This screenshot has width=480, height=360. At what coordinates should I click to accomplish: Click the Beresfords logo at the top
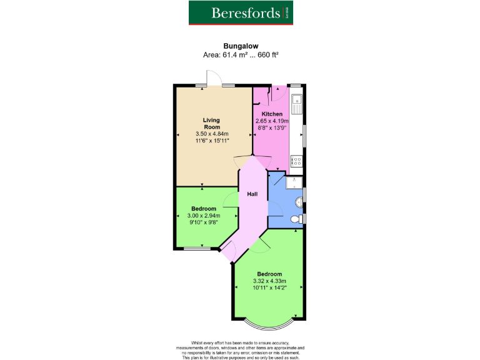pos(241,12)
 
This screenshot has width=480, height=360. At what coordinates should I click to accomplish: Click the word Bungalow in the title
pos(240,45)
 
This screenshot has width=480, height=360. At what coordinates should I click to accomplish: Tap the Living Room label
pos(211,122)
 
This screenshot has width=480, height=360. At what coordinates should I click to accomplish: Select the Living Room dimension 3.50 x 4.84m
pos(212,134)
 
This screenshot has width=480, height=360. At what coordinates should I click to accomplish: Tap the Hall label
pos(252,194)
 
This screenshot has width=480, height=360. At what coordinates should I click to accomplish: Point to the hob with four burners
pos(297,161)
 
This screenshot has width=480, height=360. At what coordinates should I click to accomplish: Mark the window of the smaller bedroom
pos(197,249)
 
